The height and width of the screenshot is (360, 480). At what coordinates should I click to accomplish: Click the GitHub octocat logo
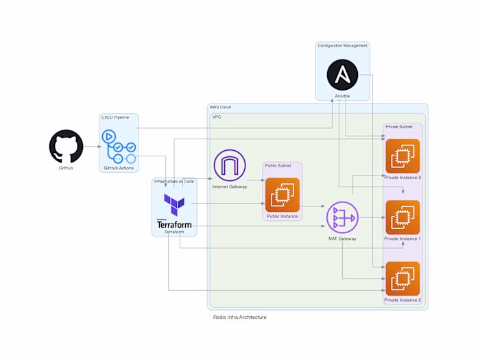(x=66, y=147)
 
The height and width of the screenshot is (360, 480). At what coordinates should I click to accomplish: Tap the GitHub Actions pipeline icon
(x=119, y=147)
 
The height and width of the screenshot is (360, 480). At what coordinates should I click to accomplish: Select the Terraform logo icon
(x=174, y=204)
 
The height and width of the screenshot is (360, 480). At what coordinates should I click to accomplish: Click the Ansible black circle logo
(x=343, y=75)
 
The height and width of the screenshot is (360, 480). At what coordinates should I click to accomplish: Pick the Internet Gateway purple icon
(x=229, y=166)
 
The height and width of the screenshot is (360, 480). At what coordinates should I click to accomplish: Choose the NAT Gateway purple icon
(x=342, y=217)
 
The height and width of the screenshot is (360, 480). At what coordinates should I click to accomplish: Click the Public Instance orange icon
(x=282, y=195)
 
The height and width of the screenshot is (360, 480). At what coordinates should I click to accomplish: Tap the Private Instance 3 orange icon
(x=403, y=156)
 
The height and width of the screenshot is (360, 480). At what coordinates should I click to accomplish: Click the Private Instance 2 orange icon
(x=403, y=278)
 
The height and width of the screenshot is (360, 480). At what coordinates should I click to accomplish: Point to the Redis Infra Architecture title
(x=239, y=317)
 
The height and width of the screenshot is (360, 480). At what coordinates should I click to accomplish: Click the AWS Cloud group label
(x=220, y=108)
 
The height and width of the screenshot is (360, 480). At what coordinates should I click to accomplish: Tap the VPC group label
(x=217, y=117)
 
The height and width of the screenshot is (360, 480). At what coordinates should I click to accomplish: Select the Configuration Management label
(x=342, y=46)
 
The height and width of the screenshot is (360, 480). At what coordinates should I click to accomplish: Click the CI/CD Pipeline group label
(x=115, y=117)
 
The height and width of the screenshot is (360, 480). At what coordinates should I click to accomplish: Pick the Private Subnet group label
(x=399, y=127)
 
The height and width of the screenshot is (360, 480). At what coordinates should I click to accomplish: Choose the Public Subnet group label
(x=278, y=165)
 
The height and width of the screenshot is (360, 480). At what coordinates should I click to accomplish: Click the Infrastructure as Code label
(x=174, y=181)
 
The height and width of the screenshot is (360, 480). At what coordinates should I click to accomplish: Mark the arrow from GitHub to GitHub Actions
(x=92, y=147)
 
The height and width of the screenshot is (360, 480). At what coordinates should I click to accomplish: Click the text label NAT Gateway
(x=342, y=239)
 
